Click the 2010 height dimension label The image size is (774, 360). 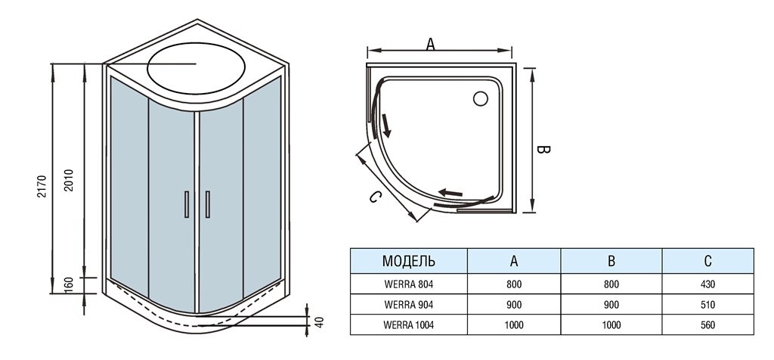pos(69,181)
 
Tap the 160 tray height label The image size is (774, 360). pos(69,285)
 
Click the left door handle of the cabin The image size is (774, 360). pos(187,204)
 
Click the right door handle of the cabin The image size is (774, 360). pos(208,204)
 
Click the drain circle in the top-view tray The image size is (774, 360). pos(480,99)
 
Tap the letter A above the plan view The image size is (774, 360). pos(430,45)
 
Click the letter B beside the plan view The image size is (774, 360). pos(543,150)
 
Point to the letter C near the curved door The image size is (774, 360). pos(375,197)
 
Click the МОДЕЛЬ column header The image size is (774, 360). pos(409,261)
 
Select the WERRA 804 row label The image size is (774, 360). pos(409,284)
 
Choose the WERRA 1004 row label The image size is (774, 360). pos(409,325)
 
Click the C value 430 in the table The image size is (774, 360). pos(707,284)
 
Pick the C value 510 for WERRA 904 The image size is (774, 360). pos(707,305)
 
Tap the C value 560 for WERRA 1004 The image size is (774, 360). pos(707,325)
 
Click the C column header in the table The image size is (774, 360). pos(707,261)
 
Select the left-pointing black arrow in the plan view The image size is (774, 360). pos(451,191)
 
